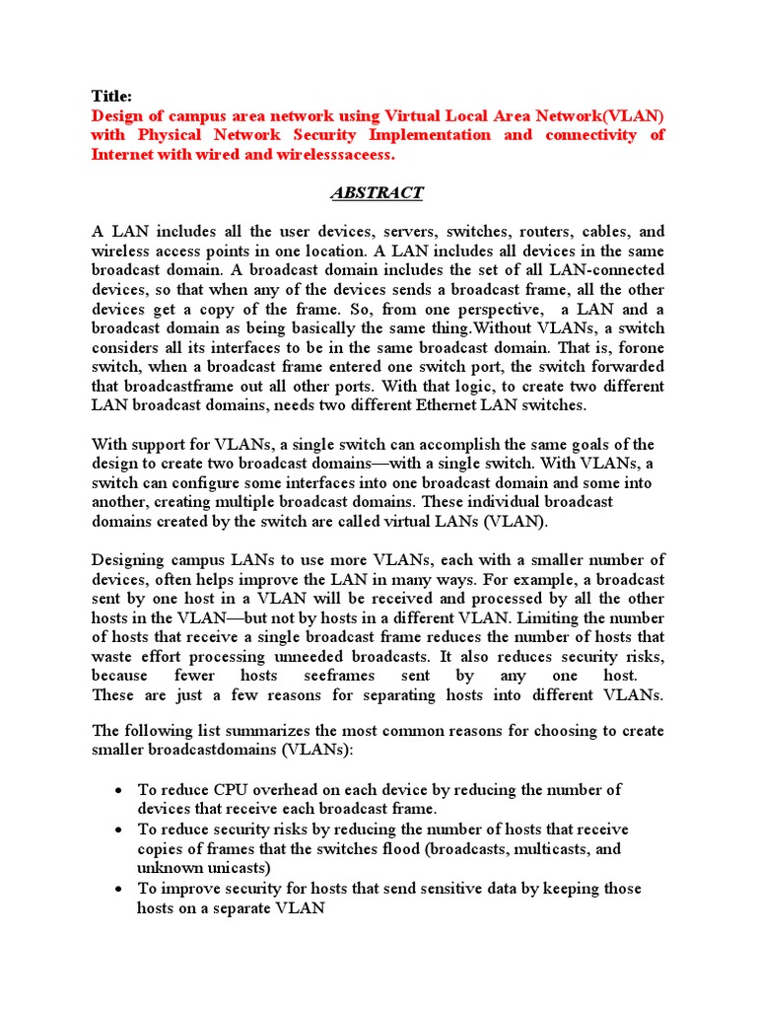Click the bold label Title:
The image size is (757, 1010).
click(x=110, y=96)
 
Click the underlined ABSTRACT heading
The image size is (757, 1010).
click(x=378, y=192)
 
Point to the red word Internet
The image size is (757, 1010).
click(x=123, y=154)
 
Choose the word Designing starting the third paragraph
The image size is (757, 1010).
click(x=128, y=559)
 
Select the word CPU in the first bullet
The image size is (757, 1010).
click(x=234, y=790)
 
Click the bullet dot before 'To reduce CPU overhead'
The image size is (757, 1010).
click(x=118, y=791)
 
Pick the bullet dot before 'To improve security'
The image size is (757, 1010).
click(x=118, y=889)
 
